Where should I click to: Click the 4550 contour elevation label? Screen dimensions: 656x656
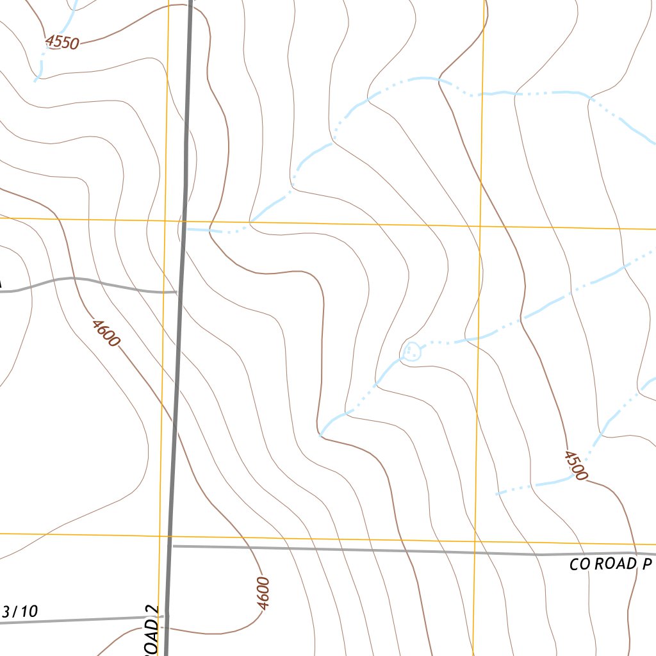(62, 42)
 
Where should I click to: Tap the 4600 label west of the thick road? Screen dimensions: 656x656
(105, 333)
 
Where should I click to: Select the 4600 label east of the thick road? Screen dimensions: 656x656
(263, 593)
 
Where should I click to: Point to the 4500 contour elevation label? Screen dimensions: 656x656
(576, 465)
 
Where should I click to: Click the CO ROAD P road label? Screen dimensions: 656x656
(611, 564)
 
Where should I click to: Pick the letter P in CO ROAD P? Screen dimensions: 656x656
(648, 564)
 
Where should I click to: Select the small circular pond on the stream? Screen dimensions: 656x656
(412, 351)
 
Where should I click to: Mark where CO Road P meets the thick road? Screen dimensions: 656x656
(171, 546)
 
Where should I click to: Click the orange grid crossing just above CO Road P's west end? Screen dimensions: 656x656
(160, 534)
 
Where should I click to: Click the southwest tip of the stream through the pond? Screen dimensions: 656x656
(320, 436)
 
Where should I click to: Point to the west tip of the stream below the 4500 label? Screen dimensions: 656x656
(498, 494)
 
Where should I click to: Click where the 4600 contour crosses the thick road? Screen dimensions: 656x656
(174, 423)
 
